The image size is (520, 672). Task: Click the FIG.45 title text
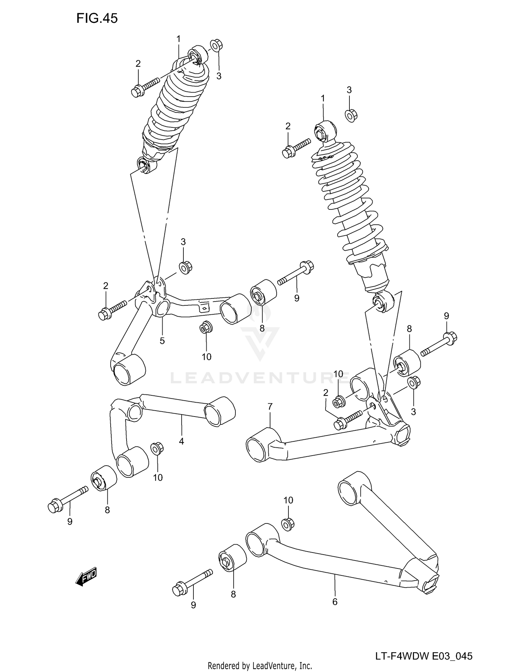pyautogui.click(x=97, y=18)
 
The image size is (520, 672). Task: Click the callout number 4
pyautogui.click(x=181, y=441)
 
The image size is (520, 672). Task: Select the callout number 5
pyautogui.click(x=162, y=341)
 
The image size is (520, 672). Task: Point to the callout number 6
pyautogui.click(x=335, y=602)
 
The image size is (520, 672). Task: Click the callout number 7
pyautogui.click(x=270, y=406)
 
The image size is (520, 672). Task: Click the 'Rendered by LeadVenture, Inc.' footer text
pyautogui.click(x=260, y=665)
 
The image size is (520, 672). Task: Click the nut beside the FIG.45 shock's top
pyautogui.click(x=216, y=45)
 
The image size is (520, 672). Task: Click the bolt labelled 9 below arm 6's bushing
pyautogui.click(x=192, y=583)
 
